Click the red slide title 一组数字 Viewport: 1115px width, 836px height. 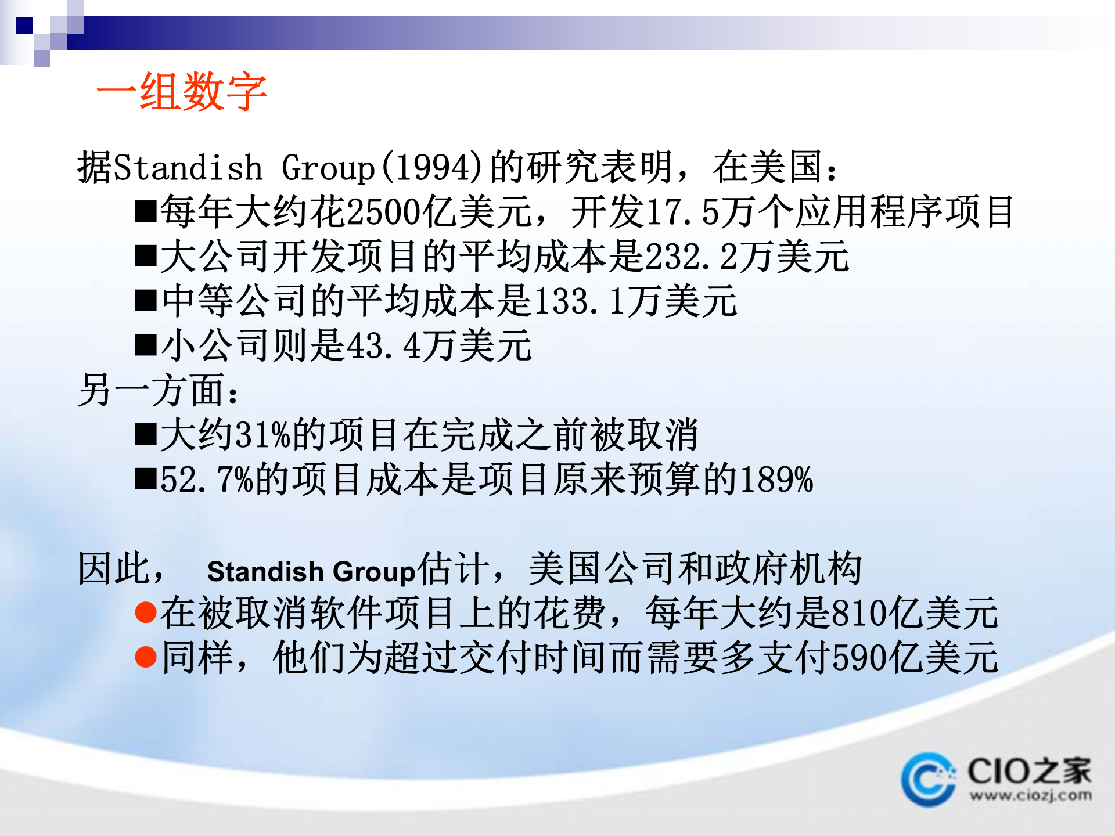tap(181, 92)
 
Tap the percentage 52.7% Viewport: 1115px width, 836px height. tap(207, 480)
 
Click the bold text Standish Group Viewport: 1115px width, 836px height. tap(311, 571)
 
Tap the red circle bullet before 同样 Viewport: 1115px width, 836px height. tap(145, 657)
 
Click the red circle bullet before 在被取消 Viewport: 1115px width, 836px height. tap(145, 612)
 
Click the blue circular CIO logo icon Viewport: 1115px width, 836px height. tap(927, 779)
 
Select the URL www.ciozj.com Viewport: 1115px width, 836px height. tap(1030, 795)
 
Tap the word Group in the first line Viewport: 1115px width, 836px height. tap(328, 168)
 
